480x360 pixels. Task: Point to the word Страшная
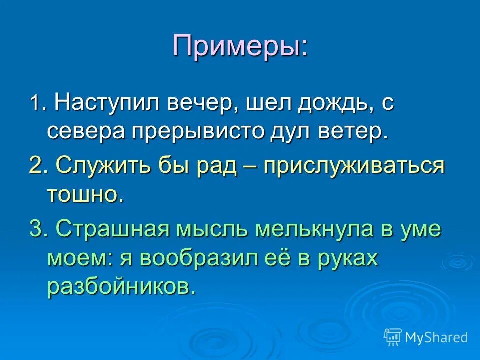click(x=114, y=229)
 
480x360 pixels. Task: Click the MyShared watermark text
click(x=436, y=337)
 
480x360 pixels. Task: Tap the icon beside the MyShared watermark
click(x=393, y=337)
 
